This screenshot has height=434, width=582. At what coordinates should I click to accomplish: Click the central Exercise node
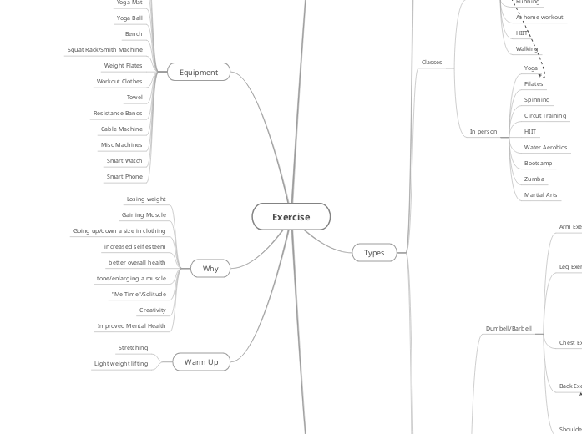291,217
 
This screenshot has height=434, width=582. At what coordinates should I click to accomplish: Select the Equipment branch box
199,73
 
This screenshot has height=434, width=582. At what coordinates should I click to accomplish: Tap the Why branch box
210,269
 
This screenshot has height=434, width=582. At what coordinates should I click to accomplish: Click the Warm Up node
201,361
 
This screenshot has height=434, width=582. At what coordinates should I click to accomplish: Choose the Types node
374,252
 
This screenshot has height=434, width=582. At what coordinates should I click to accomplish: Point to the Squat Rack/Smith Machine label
105,49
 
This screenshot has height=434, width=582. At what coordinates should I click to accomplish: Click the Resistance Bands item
118,113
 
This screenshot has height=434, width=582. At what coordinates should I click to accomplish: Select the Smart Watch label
124,160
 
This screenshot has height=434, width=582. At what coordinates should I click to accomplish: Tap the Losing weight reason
146,199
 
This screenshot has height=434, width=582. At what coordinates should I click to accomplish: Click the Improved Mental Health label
132,325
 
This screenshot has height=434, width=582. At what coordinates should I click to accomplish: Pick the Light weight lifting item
121,363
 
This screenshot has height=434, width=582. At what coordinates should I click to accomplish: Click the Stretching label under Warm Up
134,347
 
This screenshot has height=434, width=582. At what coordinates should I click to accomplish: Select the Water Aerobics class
545,147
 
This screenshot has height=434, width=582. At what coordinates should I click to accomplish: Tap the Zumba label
534,179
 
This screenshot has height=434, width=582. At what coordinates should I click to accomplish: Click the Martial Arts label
540,194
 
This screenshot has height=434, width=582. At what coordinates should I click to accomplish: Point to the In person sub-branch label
483,131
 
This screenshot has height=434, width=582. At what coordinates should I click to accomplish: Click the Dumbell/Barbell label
509,328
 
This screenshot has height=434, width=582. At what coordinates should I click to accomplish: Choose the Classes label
432,62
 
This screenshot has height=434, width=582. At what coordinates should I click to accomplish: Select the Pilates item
534,83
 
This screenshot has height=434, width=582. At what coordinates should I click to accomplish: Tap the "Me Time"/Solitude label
139,294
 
